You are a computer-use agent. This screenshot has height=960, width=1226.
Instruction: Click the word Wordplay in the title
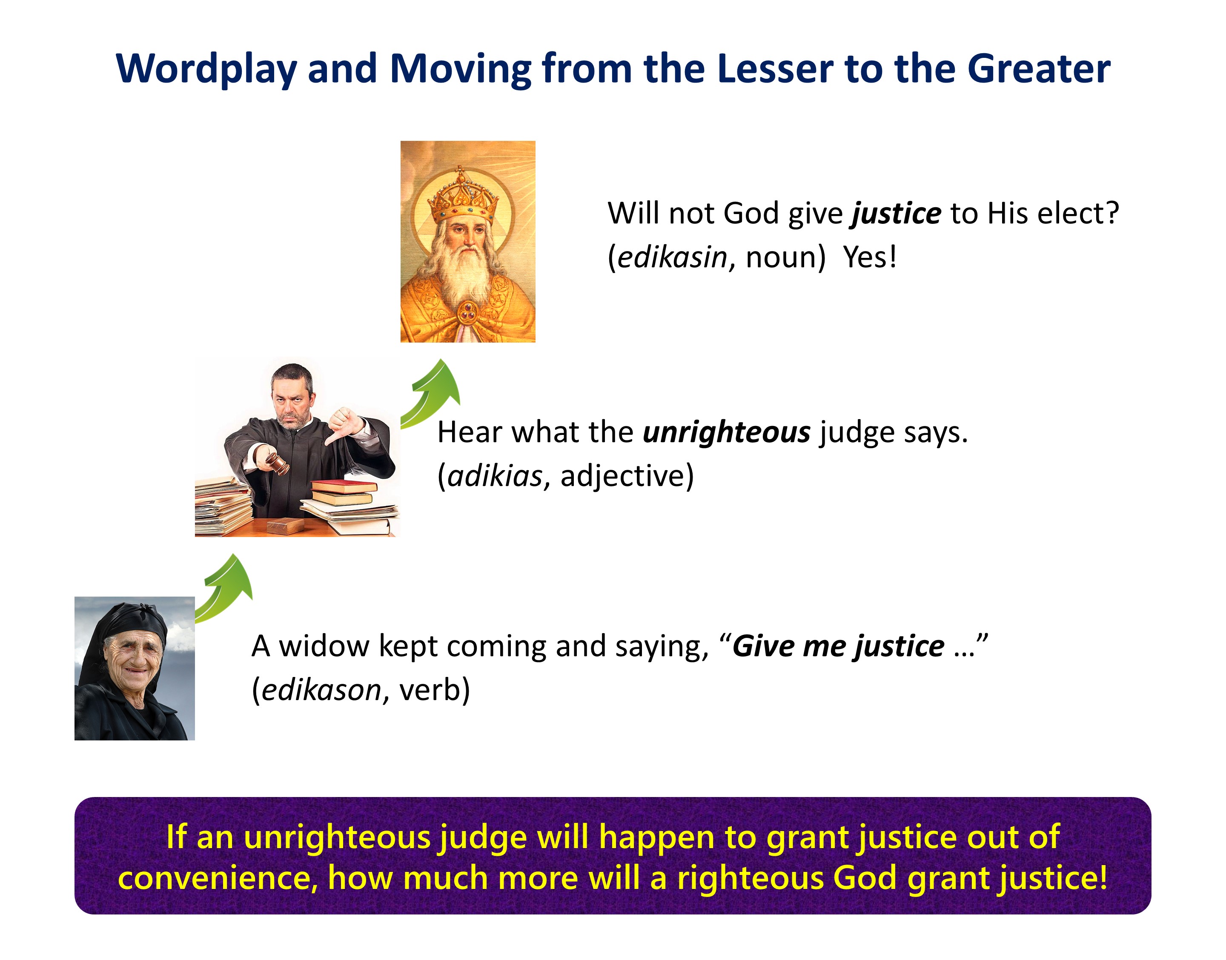[x=206, y=69]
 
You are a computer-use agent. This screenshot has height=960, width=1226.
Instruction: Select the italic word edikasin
[x=672, y=257]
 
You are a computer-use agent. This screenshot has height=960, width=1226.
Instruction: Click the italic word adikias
[x=495, y=476]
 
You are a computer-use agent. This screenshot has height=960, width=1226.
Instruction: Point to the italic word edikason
[x=321, y=690]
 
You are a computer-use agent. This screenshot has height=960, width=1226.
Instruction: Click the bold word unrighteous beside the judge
[x=726, y=433]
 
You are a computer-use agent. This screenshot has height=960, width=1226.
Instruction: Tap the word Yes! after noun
[x=870, y=257]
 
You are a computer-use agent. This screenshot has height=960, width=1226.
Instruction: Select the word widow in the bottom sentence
[x=324, y=646]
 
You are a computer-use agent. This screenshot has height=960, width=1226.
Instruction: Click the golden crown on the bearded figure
[x=463, y=195]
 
